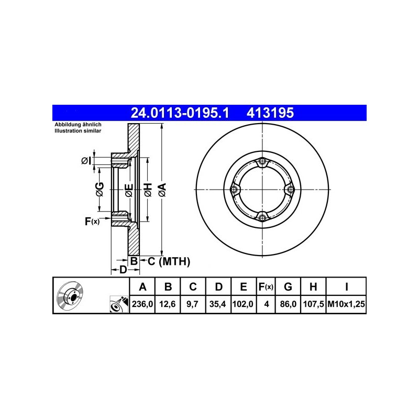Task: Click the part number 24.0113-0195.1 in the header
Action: (x=180, y=113)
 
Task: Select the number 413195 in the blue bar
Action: (x=270, y=113)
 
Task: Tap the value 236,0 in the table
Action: (x=142, y=304)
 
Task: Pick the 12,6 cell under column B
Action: (x=168, y=304)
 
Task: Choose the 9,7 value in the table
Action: (x=192, y=304)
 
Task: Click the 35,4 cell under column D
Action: (x=218, y=304)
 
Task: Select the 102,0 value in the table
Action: (x=243, y=304)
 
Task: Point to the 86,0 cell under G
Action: (x=288, y=304)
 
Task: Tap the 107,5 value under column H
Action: (x=313, y=304)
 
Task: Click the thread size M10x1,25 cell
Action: (x=346, y=304)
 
